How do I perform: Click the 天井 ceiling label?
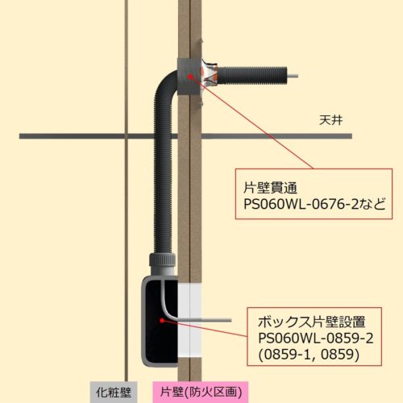click(330, 120)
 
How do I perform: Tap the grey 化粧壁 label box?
click(114, 393)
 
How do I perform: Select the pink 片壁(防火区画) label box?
click(201, 393)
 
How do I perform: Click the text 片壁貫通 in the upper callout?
click(270, 187)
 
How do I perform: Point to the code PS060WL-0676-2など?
click(314, 204)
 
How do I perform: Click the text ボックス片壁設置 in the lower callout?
click(312, 322)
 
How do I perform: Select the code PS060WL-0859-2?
click(316, 338)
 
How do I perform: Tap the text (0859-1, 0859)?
click(309, 355)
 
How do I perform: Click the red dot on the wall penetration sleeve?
click(190, 77)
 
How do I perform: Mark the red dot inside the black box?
click(162, 320)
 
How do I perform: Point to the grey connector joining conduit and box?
click(162, 264)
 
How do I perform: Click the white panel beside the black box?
click(189, 320)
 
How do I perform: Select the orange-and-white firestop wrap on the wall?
click(209, 74)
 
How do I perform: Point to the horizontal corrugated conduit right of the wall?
click(252, 76)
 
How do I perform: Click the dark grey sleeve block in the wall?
click(189, 77)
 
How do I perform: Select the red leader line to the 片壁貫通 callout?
click(252, 123)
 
